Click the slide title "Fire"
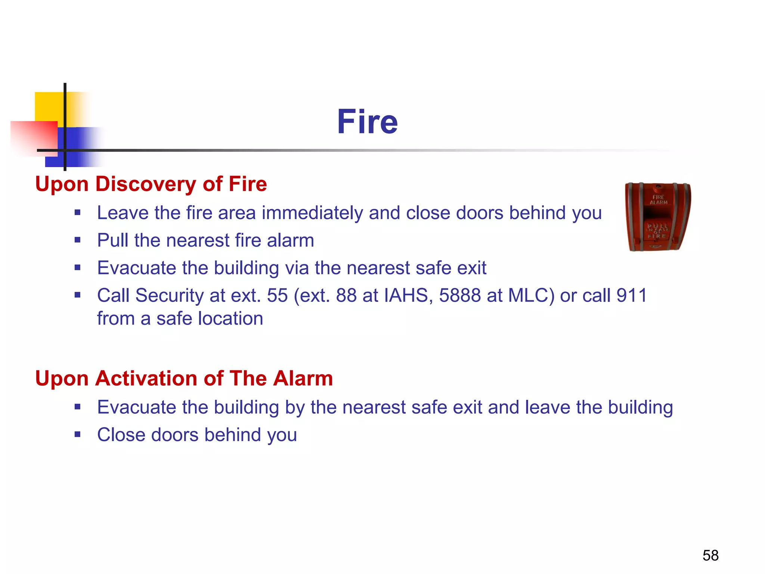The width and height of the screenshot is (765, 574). [x=367, y=122]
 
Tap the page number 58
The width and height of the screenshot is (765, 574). [x=710, y=555]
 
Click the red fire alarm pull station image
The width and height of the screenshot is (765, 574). [x=658, y=217]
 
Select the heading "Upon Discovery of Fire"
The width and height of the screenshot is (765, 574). [x=151, y=184]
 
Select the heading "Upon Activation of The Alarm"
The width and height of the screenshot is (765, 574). [x=184, y=378]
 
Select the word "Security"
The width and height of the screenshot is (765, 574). [x=170, y=295]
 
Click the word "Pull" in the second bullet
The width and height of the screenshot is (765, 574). [x=113, y=240]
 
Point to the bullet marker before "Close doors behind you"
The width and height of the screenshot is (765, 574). [x=77, y=434]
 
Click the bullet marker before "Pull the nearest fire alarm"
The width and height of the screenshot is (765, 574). [x=77, y=240]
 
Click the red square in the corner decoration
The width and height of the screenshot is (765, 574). [x=34, y=137]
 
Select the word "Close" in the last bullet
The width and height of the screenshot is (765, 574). [x=121, y=435]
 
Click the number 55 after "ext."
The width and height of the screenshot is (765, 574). [x=277, y=295]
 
